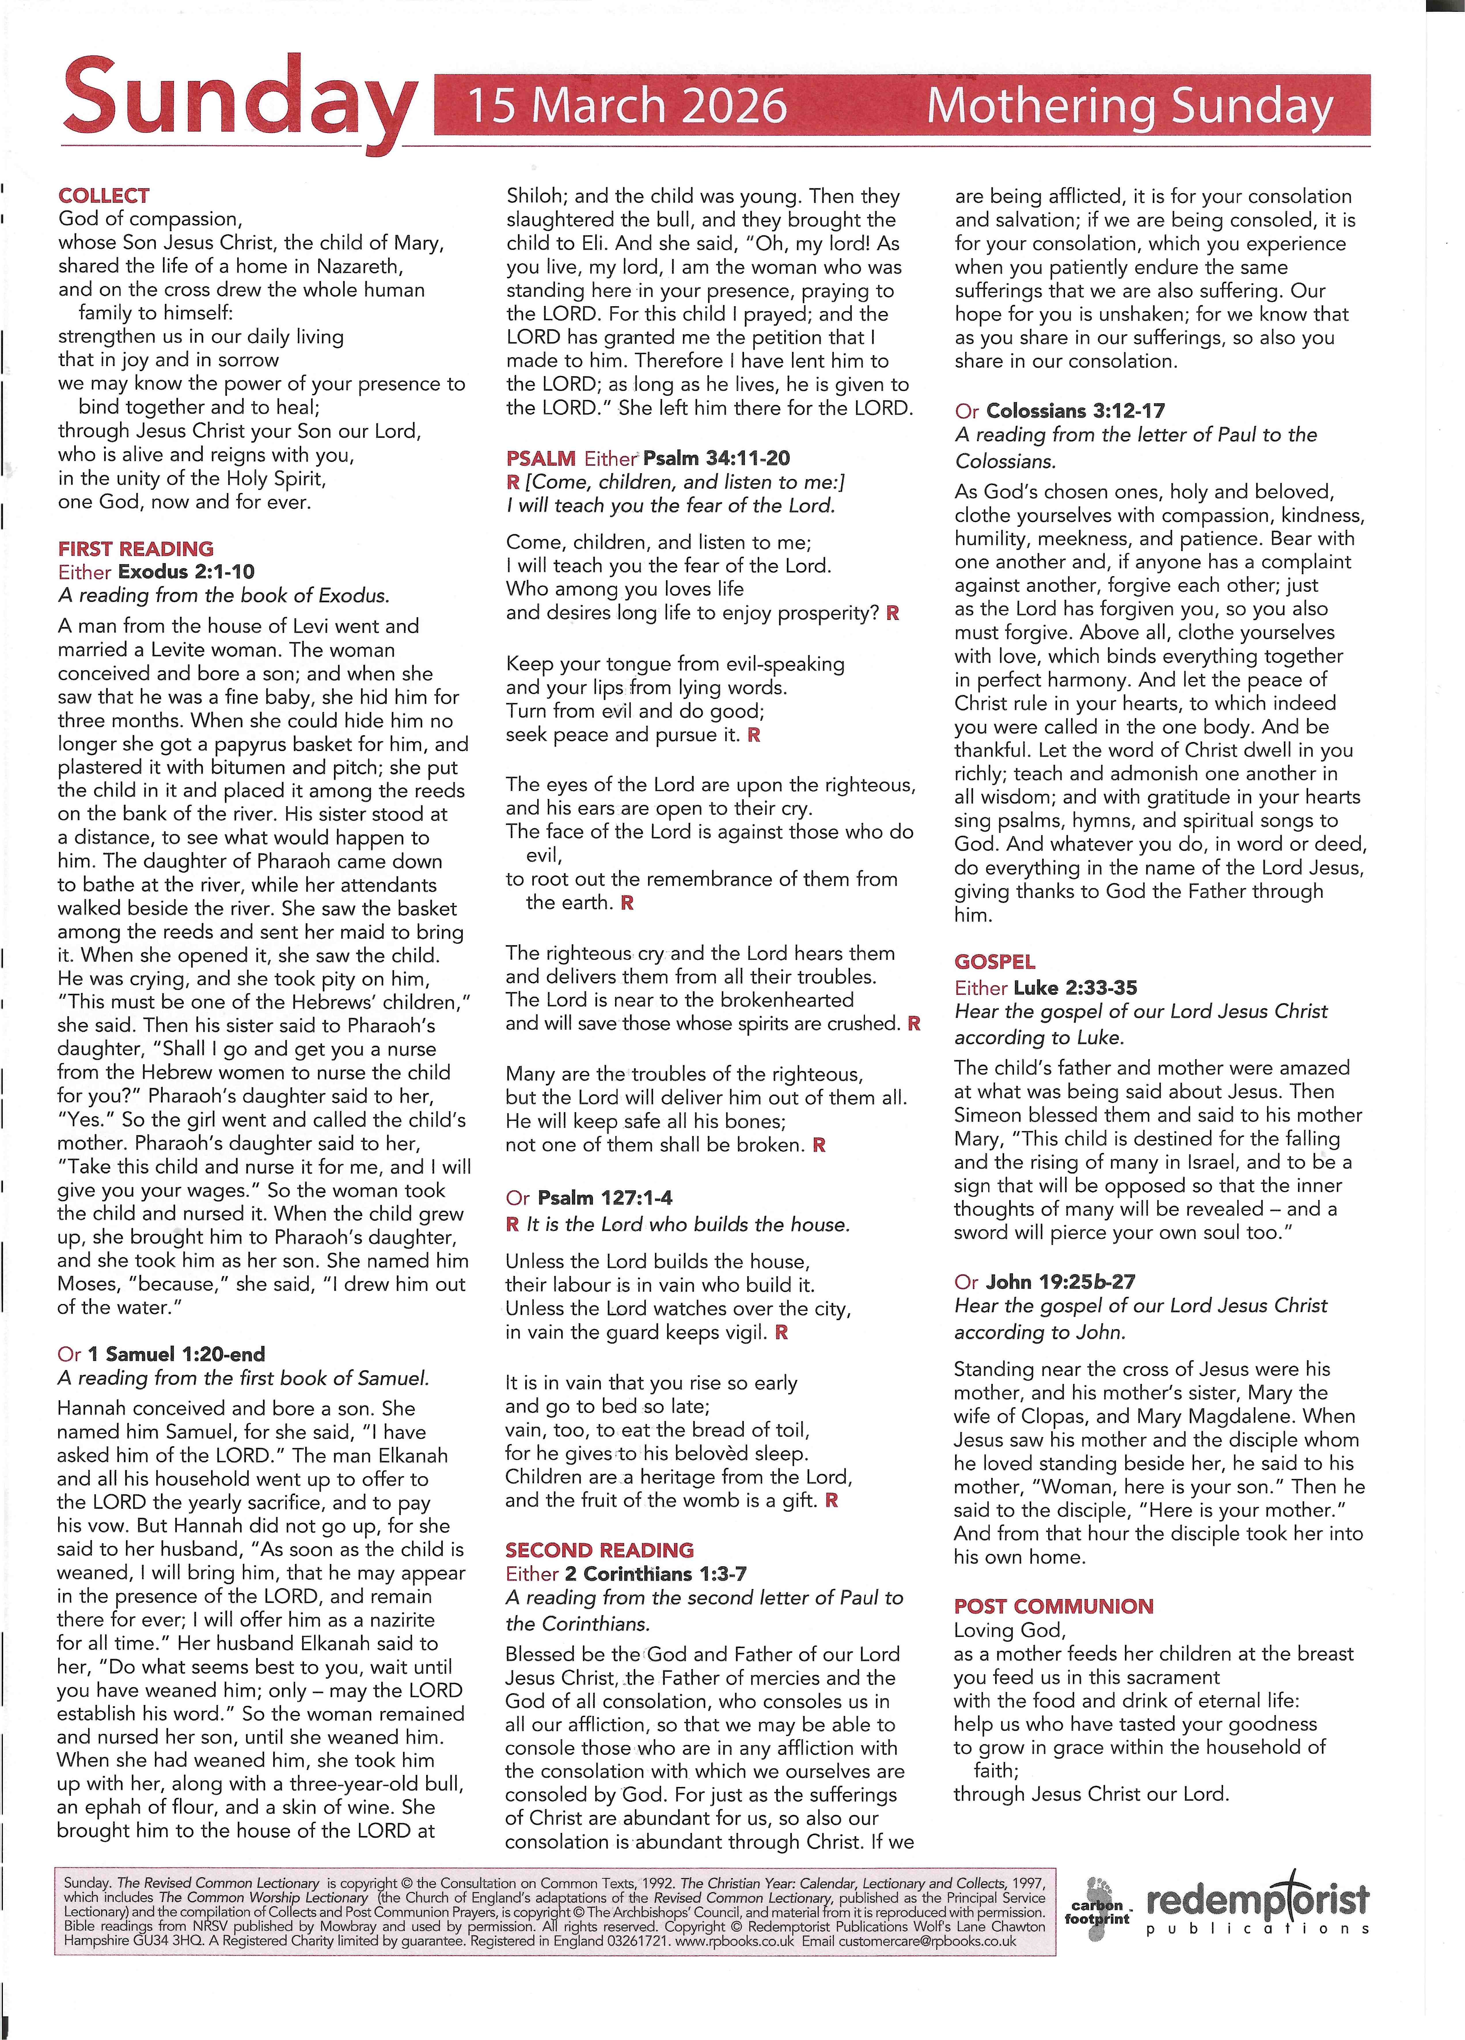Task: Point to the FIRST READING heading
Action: click(x=136, y=549)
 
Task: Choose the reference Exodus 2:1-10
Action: click(x=186, y=572)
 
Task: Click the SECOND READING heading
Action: click(x=599, y=1550)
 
